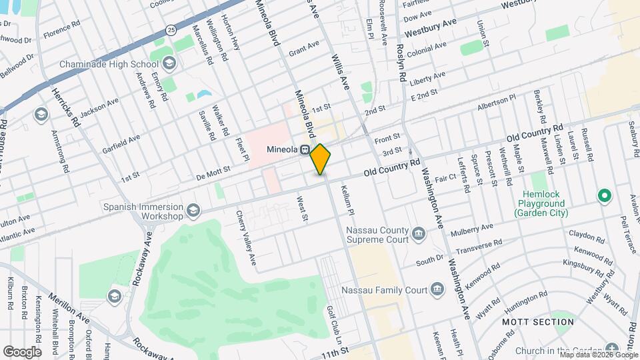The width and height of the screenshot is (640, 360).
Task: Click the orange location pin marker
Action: click(321, 159)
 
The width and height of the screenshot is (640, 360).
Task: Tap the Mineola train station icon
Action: click(304, 149)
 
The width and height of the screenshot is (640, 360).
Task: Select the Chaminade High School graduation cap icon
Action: click(169, 63)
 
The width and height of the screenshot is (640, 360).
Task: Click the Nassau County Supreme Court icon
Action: click(419, 233)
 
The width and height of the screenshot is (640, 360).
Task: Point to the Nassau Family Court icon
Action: click(437, 289)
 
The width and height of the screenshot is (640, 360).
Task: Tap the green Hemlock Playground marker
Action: click(604, 196)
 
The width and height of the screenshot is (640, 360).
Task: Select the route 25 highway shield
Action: click(171, 30)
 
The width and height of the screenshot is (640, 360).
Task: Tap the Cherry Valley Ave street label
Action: click(245, 237)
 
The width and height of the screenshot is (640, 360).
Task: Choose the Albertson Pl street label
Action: click(497, 103)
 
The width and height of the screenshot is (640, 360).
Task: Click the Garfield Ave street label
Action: click(121, 144)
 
